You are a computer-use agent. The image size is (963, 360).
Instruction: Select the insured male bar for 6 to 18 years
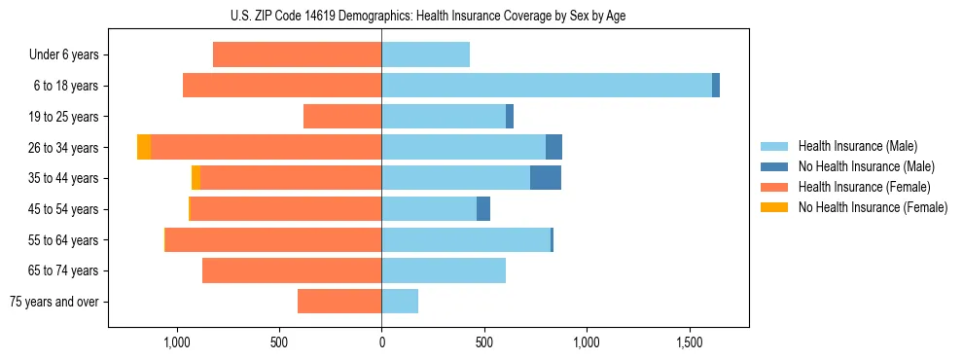546,86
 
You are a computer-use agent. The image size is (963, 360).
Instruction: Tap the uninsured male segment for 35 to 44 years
546,178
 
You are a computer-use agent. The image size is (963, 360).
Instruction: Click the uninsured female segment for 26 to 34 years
144,147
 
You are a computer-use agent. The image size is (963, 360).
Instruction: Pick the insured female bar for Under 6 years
297,54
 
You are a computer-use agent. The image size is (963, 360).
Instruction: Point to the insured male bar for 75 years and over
400,302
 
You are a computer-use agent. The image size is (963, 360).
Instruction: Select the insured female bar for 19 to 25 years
342,117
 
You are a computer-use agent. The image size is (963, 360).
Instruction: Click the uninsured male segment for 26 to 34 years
553,147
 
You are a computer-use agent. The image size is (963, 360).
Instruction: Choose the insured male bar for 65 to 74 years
444,270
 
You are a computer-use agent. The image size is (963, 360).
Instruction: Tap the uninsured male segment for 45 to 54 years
483,209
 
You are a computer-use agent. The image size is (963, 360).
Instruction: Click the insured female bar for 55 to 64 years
273,239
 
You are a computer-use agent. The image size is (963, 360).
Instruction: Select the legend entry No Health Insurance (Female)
873,207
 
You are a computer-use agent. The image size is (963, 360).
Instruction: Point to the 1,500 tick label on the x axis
689,342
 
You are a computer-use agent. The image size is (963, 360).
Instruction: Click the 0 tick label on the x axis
381,342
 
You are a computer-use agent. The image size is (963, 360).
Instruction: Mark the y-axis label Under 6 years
64,54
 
